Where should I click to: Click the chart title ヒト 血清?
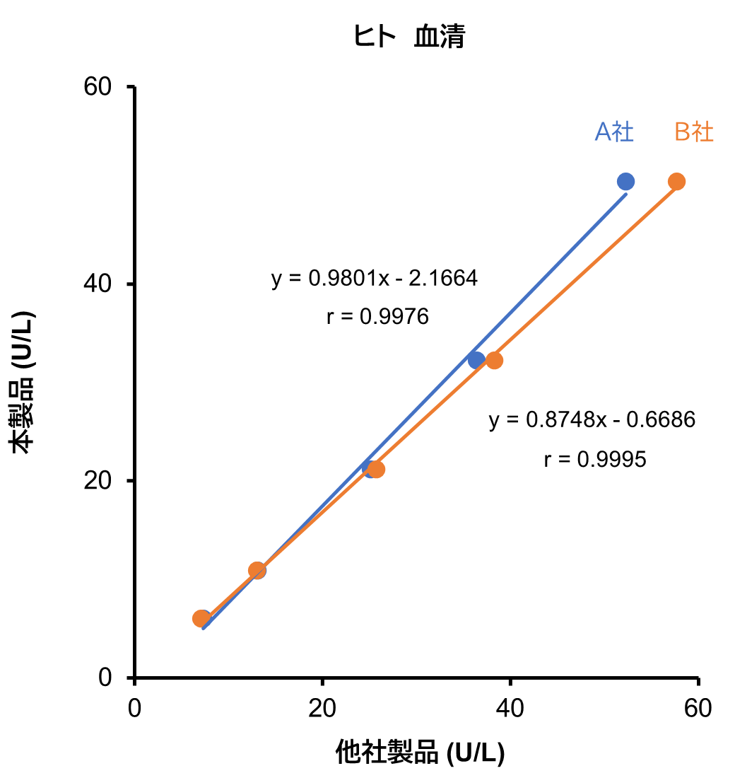(409, 37)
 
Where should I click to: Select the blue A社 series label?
(614, 132)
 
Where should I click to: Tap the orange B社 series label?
(694, 132)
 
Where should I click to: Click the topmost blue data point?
(625, 182)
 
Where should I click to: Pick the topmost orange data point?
(676, 182)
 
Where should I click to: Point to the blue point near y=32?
(476, 360)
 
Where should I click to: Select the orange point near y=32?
(495, 360)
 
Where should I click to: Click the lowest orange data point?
(201, 619)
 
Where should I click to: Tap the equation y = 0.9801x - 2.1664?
(375, 279)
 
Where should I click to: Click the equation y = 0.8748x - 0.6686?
(592, 420)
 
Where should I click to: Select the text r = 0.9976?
(377, 317)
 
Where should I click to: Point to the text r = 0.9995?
(595, 460)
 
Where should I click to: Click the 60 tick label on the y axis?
(100, 87)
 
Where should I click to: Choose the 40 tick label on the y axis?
(100, 284)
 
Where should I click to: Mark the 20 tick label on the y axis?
(100, 481)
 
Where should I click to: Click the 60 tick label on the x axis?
(698, 709)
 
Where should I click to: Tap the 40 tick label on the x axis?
(510, 709)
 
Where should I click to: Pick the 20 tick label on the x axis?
(322, 709)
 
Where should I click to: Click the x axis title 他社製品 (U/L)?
(420, 753)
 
